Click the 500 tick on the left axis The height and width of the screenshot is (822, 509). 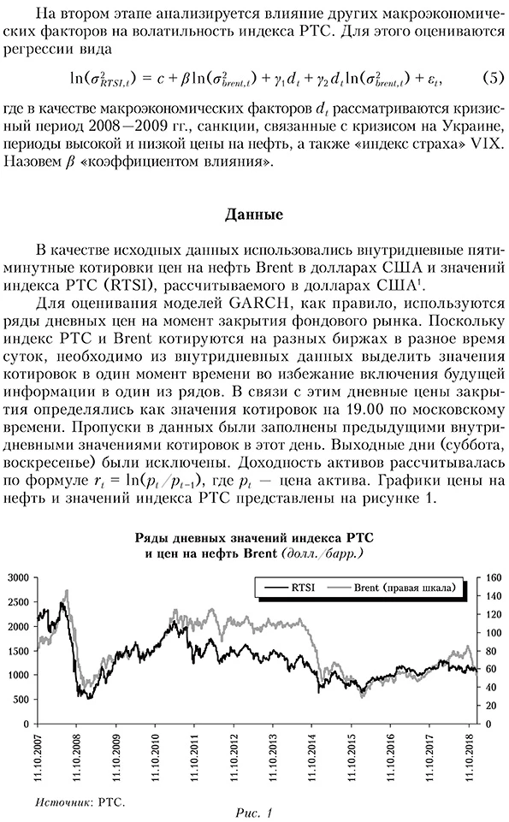click(21, 700)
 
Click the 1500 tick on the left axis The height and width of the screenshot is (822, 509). click(18, 651)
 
